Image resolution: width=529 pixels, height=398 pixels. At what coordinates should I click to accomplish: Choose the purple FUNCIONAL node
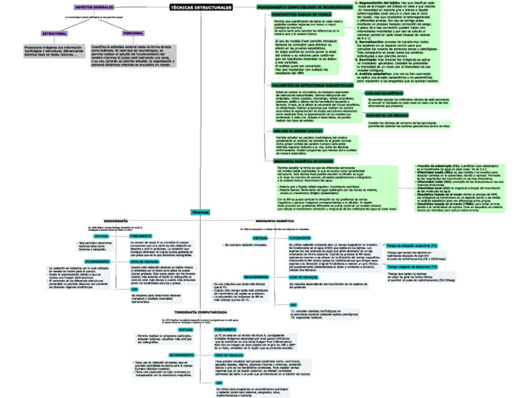132,33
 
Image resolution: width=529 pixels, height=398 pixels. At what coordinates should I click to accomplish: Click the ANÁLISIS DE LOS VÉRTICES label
387,116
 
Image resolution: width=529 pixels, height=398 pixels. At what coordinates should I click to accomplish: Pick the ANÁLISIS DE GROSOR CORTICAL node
298,130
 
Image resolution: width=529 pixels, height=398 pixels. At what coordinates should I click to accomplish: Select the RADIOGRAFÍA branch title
116,221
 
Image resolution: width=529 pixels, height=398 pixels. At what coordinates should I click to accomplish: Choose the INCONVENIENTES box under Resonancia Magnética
256,276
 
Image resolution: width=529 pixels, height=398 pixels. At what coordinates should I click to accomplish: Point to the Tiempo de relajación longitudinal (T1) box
412,246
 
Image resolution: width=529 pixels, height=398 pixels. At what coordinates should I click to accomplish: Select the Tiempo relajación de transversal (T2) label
412,266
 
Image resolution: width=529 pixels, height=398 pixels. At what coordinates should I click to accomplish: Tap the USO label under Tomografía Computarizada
219,382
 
